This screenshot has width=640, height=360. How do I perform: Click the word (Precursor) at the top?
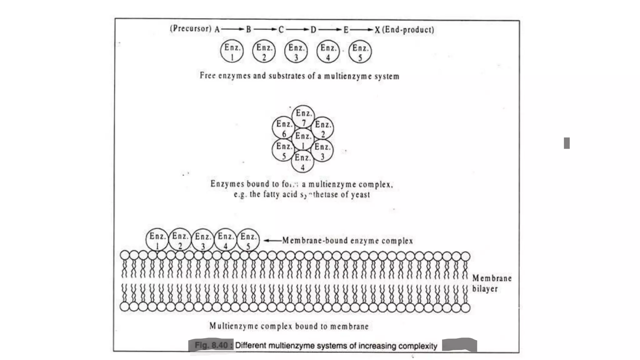(x=191, y=29)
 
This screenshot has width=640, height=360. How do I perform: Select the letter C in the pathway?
(x=281, y=30)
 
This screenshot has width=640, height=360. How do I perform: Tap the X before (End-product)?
(x=377, y=30)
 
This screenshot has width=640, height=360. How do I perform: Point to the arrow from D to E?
(x=330, y=30)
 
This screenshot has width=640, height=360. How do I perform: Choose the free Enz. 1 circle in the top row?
(x=232, y=52)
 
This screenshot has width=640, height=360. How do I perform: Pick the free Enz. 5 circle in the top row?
(x=360, y=52)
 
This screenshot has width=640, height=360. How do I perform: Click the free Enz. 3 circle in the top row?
(x=296, y=52)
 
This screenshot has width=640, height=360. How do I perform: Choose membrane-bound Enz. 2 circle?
(x=180, y=240)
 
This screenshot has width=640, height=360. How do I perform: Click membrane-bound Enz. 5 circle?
(x=248, y=240)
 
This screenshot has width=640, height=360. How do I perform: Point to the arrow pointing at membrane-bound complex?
(x=272, y=241)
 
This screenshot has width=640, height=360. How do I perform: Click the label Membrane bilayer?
(x=491, y=283)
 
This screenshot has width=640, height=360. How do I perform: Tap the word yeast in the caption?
(x=360, y=195)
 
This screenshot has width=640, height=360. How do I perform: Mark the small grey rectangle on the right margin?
(x=567, y=143)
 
